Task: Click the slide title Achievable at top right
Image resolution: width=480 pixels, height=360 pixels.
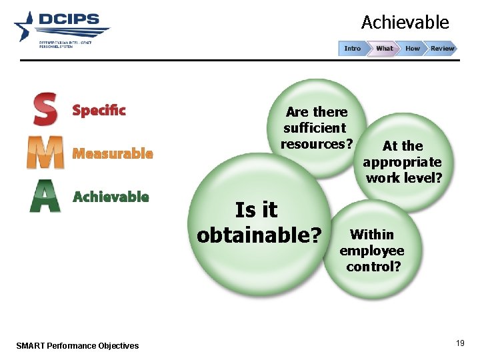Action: coord(405,23)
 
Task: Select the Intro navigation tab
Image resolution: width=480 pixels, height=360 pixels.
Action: coord(353,48)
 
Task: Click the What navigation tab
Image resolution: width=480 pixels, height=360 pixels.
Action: coord(385,48)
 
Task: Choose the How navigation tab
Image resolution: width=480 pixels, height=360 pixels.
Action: coord(413,48)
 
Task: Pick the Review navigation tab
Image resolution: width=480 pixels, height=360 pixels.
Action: coord(442,48)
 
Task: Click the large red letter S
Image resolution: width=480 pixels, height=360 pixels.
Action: coord(45,109)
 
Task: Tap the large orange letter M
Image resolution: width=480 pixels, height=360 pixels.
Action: coord(45,153)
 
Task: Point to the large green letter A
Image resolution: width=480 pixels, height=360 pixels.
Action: coord(45,197)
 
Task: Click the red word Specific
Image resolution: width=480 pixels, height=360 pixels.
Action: coord(99,110)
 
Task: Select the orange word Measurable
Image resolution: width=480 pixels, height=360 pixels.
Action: coord(113,153)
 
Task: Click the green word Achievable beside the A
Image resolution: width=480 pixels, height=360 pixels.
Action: coord(111,197)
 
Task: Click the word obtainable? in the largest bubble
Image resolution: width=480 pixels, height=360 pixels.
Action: coord(259,235)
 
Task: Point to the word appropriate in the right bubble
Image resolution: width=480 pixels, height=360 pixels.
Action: coord(402,162)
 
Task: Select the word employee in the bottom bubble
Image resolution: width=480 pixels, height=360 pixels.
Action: coord(372,251)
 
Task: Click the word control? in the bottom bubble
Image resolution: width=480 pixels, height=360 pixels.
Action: coord(373,267)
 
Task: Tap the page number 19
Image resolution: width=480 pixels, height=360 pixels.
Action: coord(460,343)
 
